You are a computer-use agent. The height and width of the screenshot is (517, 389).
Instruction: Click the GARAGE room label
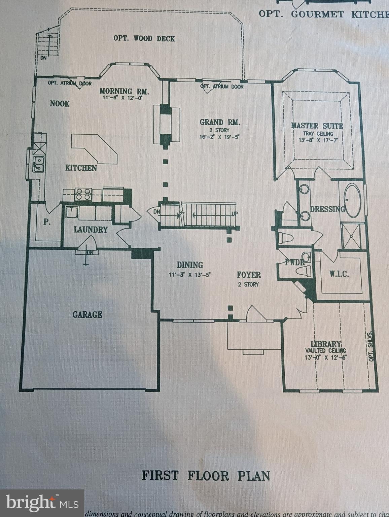(x=87, y=314)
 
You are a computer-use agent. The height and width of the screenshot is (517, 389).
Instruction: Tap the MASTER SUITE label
(x=317, y=126)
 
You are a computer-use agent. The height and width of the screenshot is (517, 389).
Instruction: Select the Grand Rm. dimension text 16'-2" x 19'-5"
(x=219, y=137)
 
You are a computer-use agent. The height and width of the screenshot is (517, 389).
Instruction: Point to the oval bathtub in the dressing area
(x=352, y=200)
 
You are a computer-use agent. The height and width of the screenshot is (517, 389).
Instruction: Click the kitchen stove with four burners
(x=83, y=195)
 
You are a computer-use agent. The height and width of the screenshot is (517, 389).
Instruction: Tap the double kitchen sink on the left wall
(x=38, y=164)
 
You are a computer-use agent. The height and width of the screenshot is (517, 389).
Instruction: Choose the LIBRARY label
(x=325, y=344)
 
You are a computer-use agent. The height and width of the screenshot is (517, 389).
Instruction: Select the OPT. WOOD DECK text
(x=144, y=38)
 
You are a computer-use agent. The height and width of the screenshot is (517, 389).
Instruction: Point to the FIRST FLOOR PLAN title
(x=206, y=476)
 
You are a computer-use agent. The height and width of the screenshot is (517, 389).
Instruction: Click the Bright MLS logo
(x=42, y=503)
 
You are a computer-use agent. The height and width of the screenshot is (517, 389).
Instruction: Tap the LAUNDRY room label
(x=91, y=230)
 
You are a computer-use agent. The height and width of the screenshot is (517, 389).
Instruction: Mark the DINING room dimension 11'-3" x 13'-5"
(x=189, y=274)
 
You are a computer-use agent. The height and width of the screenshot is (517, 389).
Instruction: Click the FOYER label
(x=249, y=275)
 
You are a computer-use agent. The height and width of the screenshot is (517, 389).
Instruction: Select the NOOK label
(x=60, y=103)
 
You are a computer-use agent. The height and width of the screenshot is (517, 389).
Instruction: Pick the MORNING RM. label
(x=124, y=91)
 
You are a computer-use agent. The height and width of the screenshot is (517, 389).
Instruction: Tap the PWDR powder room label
(x=294, y=262)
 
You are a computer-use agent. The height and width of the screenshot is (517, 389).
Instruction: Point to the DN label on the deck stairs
(x=43, y=58)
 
